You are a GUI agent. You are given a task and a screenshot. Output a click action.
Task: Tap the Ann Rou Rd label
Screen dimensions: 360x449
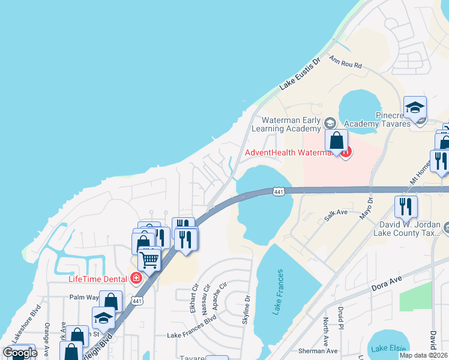coord(346,61)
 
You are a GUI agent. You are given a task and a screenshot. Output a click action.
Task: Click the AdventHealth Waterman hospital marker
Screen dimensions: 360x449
coord(346,152)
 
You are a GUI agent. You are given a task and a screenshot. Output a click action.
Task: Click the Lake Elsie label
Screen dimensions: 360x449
coord(387,349)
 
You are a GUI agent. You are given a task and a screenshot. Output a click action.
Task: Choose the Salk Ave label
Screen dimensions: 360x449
coord(336,213)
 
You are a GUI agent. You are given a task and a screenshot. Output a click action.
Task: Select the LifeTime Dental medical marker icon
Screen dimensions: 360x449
coord(136,278)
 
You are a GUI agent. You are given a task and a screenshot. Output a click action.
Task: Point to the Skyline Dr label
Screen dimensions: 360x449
coord(247,308)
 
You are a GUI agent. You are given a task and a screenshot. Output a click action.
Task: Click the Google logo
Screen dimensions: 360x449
coord(19,352)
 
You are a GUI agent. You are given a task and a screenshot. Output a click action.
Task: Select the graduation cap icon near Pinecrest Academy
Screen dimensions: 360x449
coord(415,107)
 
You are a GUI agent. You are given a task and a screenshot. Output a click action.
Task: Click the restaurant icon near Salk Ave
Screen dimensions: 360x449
coord(406,206)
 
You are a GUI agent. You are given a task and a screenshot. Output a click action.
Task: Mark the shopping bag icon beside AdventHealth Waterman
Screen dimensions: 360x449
coord(337,140)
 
